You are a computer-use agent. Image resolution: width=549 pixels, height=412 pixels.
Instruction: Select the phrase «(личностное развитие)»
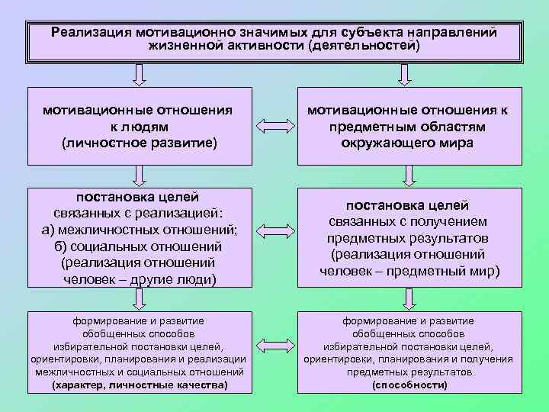tap(139, 143)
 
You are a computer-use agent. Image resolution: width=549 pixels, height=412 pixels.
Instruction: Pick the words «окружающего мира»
tap(408, 143)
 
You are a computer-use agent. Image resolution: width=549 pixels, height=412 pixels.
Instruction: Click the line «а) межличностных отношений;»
tap(139, 230)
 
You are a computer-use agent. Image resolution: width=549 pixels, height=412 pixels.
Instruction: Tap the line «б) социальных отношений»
tap(139, 246)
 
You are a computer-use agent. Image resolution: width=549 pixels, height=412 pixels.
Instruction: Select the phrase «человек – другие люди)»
tap(139, 279)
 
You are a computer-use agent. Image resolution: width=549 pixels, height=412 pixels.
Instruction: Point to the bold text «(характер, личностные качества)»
tap(139, 385)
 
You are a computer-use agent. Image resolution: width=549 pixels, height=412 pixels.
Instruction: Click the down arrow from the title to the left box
tap(139, 74)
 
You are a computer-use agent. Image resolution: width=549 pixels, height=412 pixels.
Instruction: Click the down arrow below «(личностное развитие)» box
tap(139, 176)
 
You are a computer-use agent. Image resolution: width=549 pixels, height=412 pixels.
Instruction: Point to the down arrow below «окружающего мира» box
tap(408, 176)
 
